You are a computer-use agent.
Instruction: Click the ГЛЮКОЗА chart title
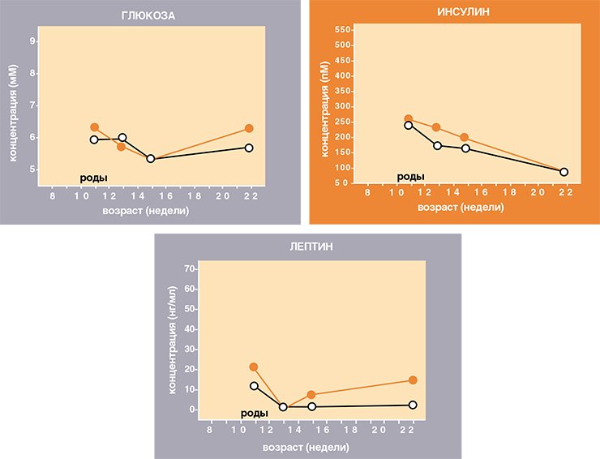[148, 15]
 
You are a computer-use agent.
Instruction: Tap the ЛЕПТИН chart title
[311, 247]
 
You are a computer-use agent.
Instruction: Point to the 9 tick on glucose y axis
[33, 41]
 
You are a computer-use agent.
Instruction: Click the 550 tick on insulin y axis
[342, 30]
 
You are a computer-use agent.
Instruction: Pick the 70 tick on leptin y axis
[190, 268]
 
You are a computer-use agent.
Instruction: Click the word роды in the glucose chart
[93, 178]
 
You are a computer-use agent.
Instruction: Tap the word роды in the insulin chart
[410, 177]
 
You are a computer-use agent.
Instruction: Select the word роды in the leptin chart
[254, 414]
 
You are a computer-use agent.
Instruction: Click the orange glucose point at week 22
[249, 128]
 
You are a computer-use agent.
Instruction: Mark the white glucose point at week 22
[249, 148]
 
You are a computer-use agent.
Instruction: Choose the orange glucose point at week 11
[95, 127]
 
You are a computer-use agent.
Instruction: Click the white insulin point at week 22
[564, 172]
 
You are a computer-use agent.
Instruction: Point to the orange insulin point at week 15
[464, 137]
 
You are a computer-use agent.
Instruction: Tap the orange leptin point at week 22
[413, 380]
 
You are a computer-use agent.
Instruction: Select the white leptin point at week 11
[254, 386]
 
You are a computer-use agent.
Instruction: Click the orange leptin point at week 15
[311, 395]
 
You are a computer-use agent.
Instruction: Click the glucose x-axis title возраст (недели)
[146, 211]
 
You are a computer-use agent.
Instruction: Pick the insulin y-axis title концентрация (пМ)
[324, 109]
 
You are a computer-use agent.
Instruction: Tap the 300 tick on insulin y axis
[342, 106]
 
